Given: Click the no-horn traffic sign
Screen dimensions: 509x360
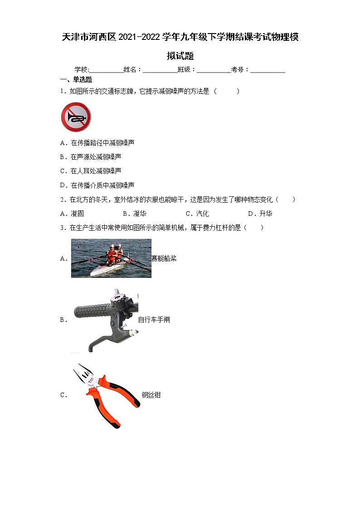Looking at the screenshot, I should click(x=76, y=117).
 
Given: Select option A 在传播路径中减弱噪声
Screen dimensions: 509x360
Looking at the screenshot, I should click(x=97, y=143).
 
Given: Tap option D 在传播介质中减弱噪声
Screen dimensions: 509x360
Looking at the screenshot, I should click(x=97, y=185).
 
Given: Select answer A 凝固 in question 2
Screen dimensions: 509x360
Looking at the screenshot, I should click(x=72, y=213).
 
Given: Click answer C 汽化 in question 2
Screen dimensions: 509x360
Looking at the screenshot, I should click(x=197, y=213).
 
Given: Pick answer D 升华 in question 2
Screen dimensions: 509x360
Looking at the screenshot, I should click(x=260, y=213).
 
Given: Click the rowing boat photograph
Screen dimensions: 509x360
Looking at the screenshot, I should click(x=111, y=258).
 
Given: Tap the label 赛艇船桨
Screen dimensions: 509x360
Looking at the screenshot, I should click(x=164, y=258).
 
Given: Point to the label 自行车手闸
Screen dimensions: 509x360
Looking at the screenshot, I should click(x=154, y=320).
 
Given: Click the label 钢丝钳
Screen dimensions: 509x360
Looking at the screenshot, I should click(x=151, y=395).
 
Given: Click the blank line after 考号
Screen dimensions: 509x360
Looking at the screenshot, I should click(x=268, y=70).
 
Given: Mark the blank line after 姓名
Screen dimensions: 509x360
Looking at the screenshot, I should click(x=160, y=70).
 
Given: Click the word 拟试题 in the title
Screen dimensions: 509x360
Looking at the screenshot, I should click(x=180, y=56).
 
